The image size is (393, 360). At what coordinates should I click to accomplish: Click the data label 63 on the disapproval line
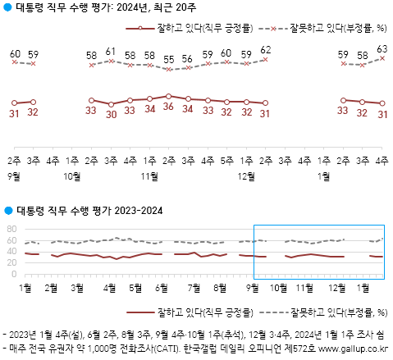click(382, 49)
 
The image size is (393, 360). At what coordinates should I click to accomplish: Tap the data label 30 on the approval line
click(111, 115)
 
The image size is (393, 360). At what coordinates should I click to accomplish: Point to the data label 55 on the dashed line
click(168, 60)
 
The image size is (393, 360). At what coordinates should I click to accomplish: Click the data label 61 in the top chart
click(111, 52)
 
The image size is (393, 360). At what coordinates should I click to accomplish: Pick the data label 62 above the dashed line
click(265, 49)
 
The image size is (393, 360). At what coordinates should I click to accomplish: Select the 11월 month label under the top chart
click(149, 175)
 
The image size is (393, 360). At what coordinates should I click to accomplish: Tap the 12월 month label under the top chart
click(245, 175)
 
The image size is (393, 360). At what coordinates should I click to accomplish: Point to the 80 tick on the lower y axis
click(11, 229)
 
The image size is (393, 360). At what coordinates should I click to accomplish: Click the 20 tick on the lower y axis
click(11, 262)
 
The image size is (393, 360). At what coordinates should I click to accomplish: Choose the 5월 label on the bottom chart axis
click(135, 286)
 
